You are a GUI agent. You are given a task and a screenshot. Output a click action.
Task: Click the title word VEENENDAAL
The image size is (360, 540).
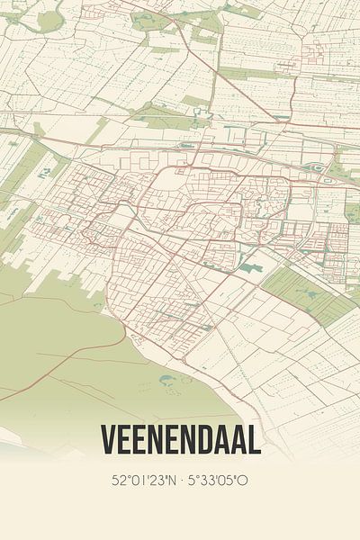(181, 440)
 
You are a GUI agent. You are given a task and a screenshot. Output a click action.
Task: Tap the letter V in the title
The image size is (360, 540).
(110, 440)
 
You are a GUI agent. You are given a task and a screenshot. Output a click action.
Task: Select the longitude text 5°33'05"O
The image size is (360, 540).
(218, 480)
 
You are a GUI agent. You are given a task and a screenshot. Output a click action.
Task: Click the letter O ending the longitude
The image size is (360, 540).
(244, 480)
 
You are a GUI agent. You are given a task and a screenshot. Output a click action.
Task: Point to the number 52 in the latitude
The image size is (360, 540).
(117, 480)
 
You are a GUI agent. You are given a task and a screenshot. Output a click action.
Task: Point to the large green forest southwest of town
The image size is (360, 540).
(54, 342)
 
